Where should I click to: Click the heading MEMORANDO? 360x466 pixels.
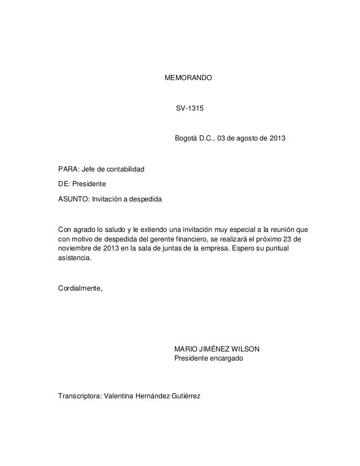188,76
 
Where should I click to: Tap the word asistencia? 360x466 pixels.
74,259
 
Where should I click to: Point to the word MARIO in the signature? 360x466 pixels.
187,349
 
